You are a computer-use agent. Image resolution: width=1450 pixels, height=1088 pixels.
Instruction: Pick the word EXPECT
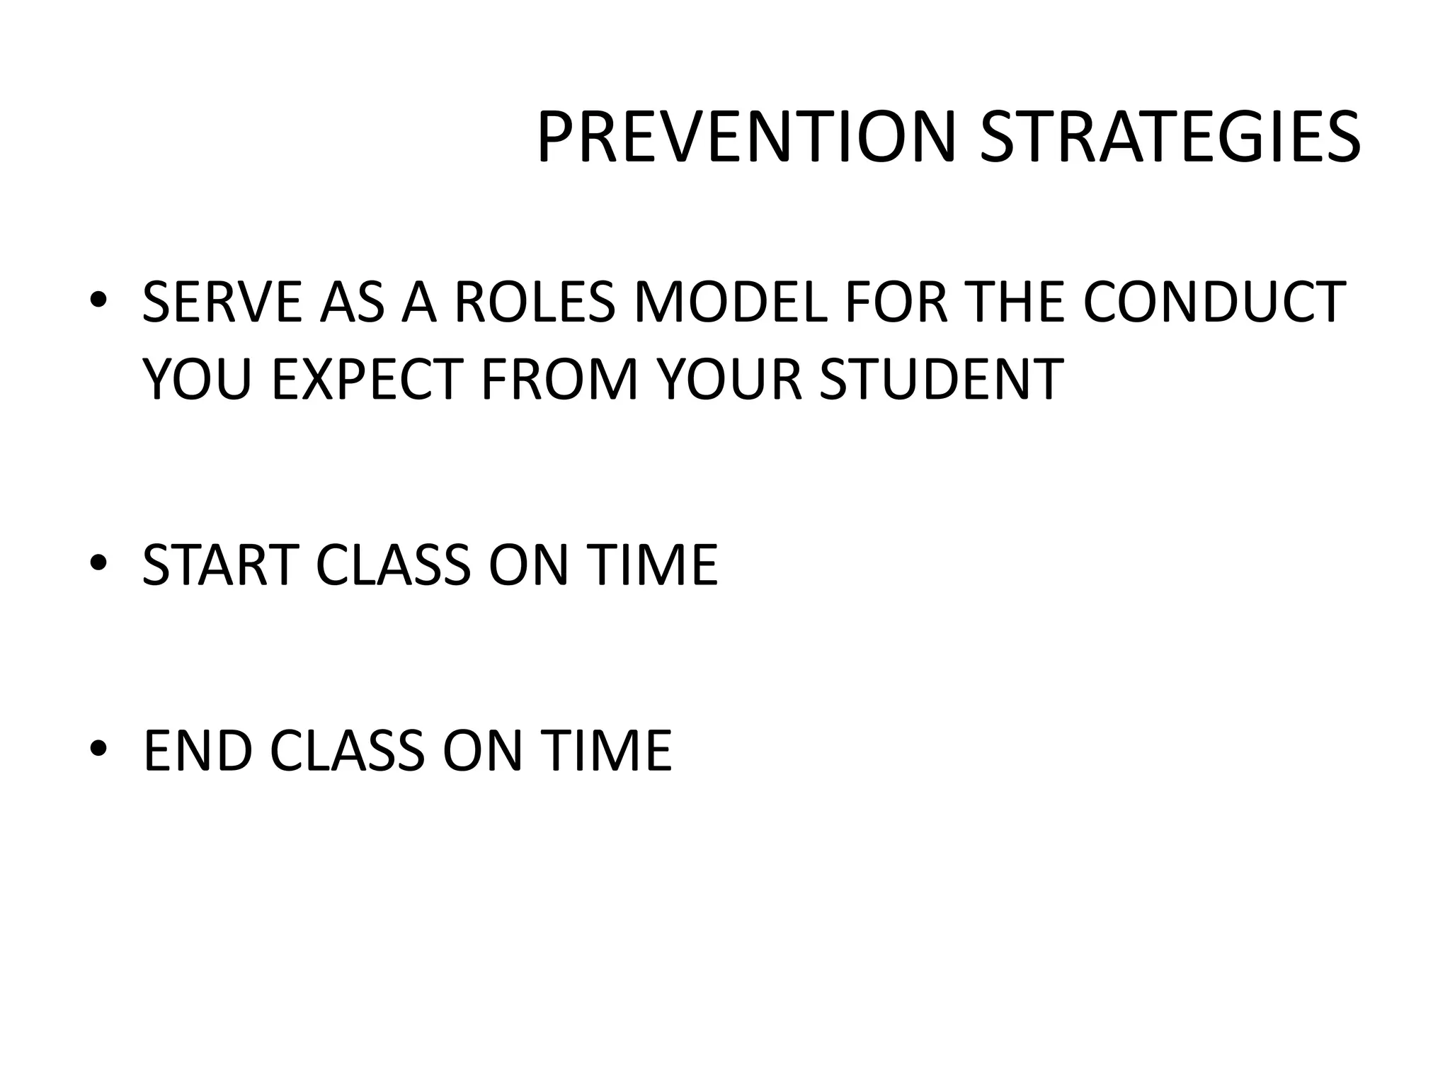[x=367, y=378]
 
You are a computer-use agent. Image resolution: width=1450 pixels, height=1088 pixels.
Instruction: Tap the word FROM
[x=560, y=378]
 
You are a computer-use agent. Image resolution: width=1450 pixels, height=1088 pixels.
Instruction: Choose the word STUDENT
[x=942, y=378]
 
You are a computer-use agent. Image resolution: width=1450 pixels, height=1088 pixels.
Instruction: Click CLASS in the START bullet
[x=393, y=565]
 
